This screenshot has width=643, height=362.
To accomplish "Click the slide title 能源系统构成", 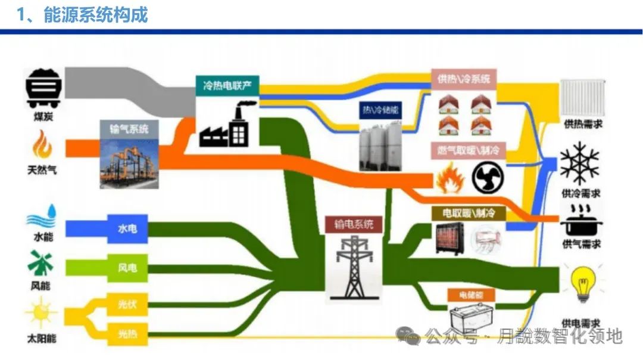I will click(x=95, y=15).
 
